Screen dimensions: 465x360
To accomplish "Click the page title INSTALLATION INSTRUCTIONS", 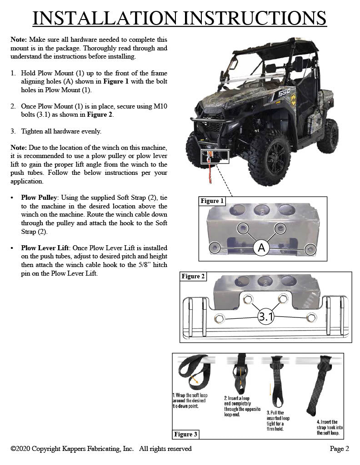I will pos(180,18).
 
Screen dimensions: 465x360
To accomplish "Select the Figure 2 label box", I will pos(193,276).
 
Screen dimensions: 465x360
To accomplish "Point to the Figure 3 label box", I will pos(186,434).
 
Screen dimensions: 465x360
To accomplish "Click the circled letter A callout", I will pos(261,247).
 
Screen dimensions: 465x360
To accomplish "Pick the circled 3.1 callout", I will pos(265,317).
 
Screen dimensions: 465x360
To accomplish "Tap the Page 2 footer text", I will pos(339,449).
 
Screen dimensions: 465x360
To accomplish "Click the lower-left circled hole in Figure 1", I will pos(215,247).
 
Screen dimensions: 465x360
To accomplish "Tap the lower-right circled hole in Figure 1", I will pos(310,248).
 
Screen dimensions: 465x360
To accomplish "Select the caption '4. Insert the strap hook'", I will pos(330,427).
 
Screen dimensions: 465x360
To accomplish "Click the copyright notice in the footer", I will pos(101,449).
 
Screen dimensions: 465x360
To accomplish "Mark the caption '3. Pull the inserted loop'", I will pos(278,420).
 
